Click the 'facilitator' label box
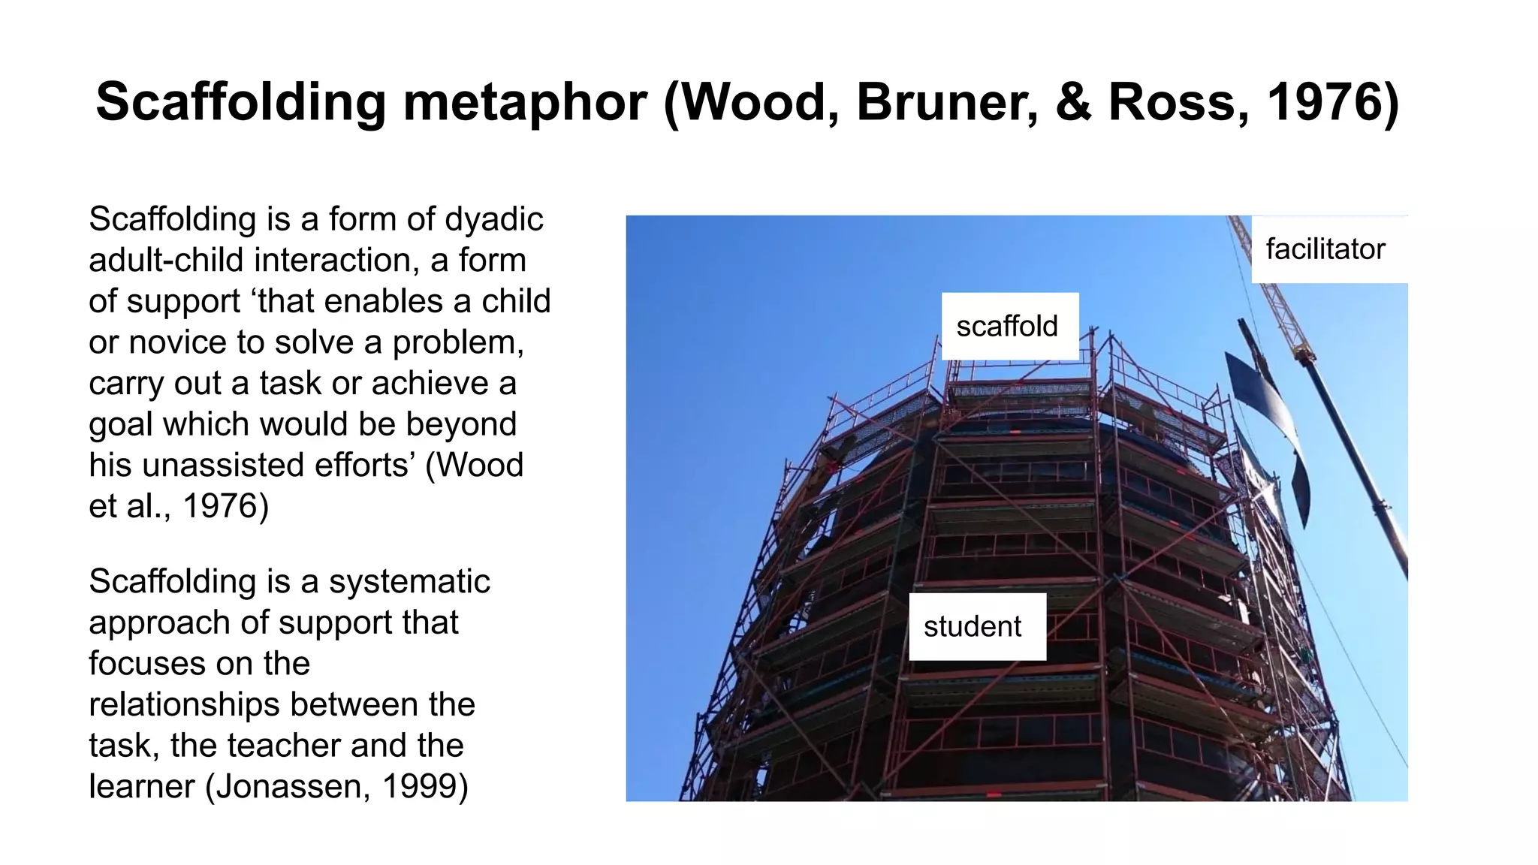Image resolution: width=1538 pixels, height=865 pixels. pos(1325,249)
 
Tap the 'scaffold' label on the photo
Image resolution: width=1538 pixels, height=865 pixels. pos(1007,327)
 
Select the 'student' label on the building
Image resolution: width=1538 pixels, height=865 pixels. pos(973,627)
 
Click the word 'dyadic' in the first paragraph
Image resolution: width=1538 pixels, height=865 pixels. pos(493,219)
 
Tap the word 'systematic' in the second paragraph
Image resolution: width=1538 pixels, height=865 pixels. pos(409,582)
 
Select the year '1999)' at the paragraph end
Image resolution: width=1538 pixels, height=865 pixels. pos(425,787)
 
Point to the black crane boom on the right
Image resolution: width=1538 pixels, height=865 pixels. pos(1359,466)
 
